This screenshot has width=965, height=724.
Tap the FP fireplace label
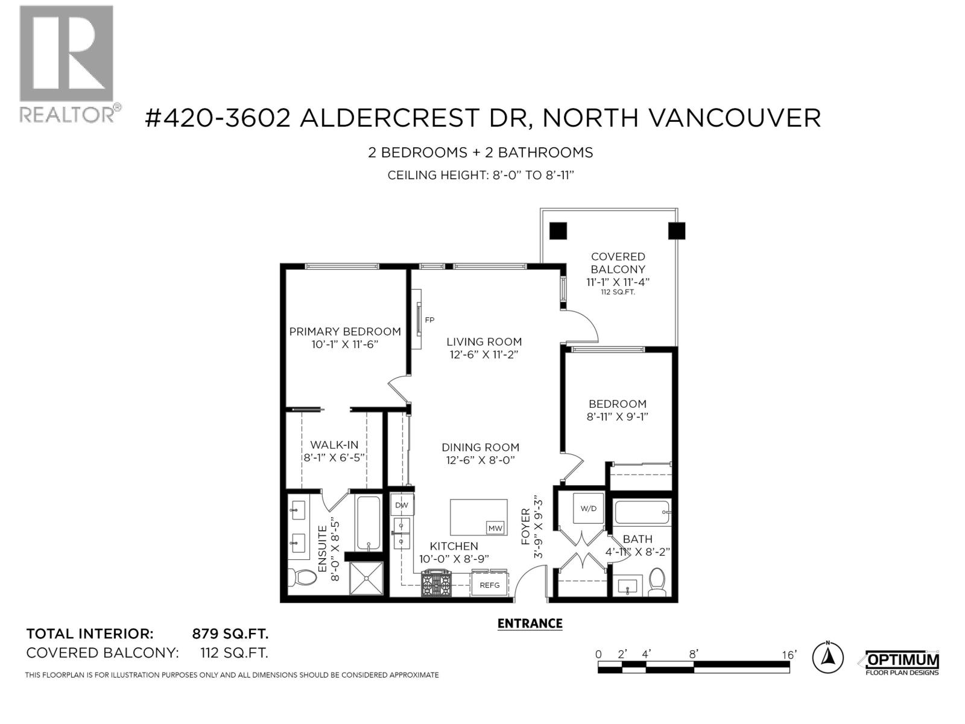click(429, 320)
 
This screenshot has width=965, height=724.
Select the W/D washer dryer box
click(588, 509)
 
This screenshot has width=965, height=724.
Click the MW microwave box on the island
click(495, 529)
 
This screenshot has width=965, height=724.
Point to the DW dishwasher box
click(402, 505)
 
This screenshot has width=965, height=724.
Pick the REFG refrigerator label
click(489, 585)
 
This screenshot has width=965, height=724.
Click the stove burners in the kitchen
click(436, 583)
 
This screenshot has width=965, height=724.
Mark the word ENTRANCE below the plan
click(530, 624)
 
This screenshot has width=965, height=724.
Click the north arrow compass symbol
click(827, 657)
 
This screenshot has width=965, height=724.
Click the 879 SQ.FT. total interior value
click(230, 634)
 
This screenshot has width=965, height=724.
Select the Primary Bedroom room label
click(345, 331)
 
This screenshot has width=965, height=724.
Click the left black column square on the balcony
click(558, 230)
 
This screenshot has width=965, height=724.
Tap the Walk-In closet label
click(334, 445)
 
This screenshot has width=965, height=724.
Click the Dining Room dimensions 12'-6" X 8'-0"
click(480, 460)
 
